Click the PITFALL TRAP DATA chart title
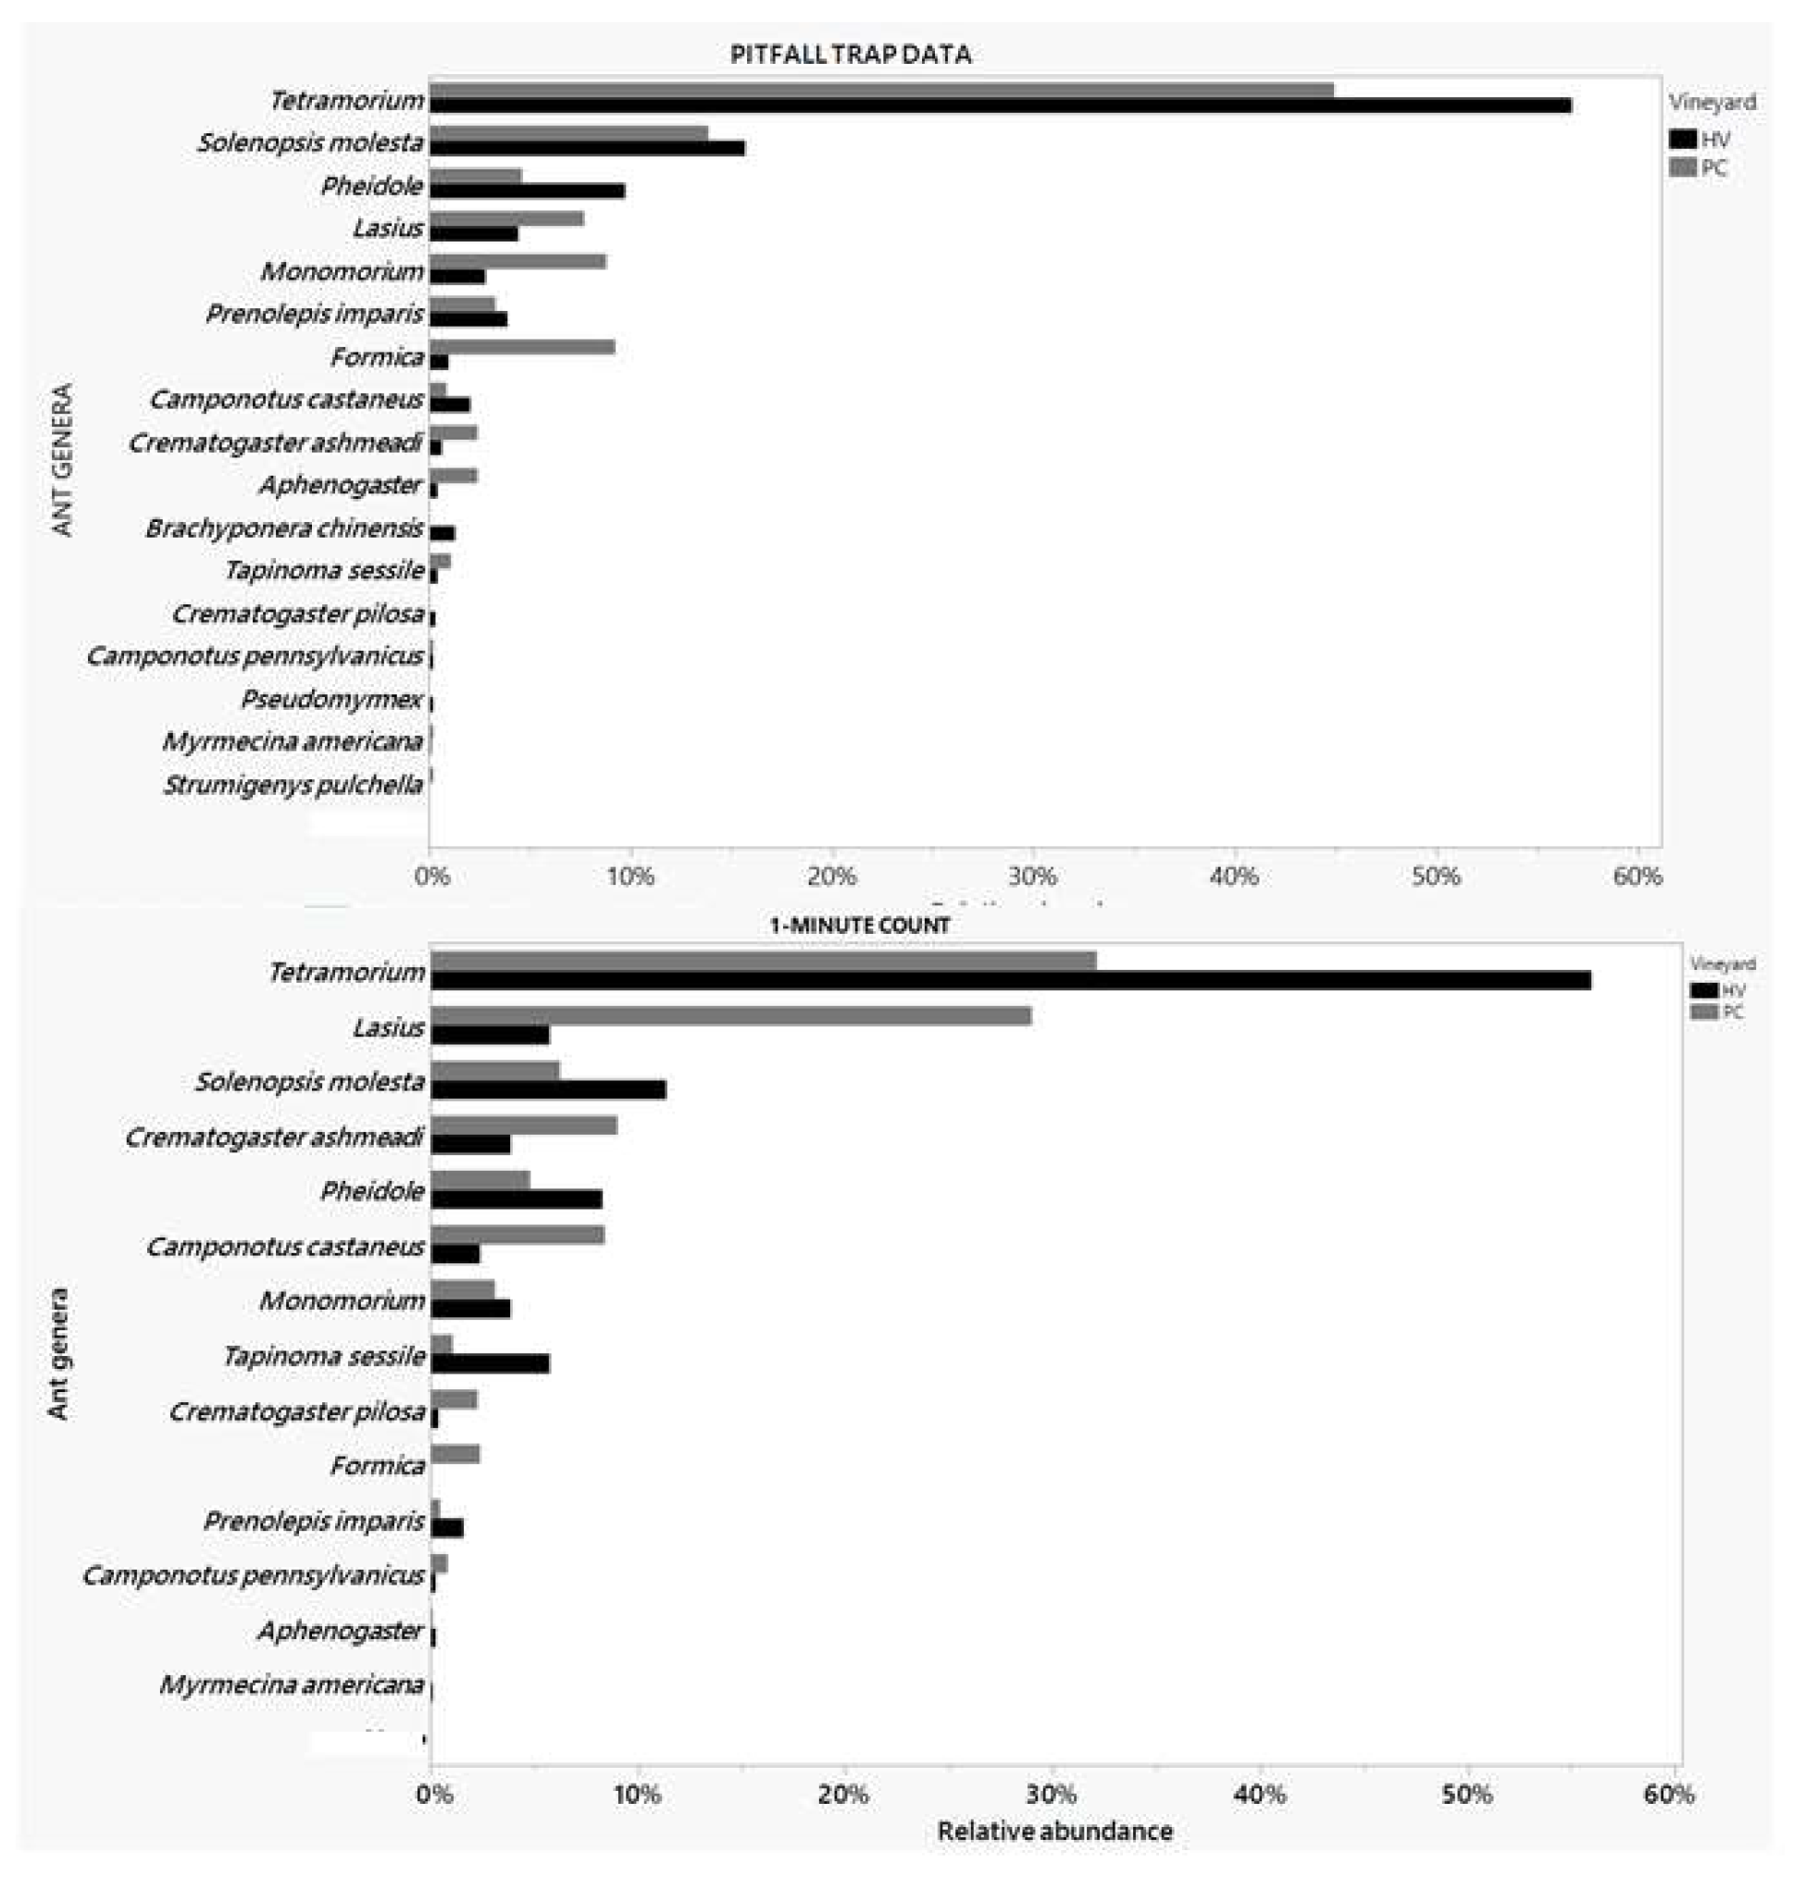click(850, 55)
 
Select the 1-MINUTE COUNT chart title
click(859, 925)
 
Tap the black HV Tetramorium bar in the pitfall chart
click(1000, 106)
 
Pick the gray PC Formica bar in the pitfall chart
click(521, 347)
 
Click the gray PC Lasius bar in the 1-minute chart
click(730, 1015)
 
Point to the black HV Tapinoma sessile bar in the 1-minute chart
click(490, 1364)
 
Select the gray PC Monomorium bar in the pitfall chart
click(517, 261)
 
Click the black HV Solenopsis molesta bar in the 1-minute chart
click(548, 1089)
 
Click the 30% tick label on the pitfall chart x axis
click(1033, 876)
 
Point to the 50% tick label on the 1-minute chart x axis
click(1466, 1795)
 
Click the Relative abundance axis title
click(1053, 1830)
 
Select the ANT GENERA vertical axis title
click(62, 459)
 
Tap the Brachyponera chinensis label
click(284, 528)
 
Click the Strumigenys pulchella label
click(293, 785)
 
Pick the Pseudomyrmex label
click(330, 699)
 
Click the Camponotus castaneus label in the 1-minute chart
click(284, 1247)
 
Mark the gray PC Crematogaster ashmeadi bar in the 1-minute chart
click(523, 1125)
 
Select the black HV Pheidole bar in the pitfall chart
click(527, 192)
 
